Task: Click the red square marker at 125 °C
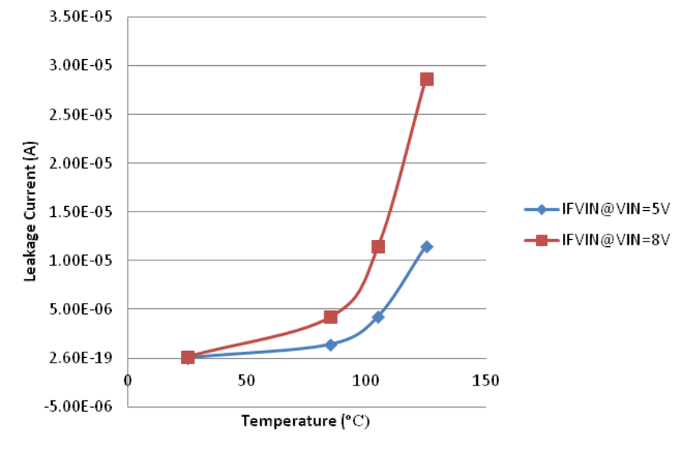click(427, 79)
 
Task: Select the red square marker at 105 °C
click(378, 246)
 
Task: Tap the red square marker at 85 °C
click(331, 317)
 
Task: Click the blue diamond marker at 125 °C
click(427, 246)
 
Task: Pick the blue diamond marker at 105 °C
click(378, 317)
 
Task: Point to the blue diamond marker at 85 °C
click(331, 345)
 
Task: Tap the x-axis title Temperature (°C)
click(305, 421)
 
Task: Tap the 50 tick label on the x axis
click(246, 381)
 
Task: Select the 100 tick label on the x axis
click(365, 381)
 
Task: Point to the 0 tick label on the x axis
click(128, 381)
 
